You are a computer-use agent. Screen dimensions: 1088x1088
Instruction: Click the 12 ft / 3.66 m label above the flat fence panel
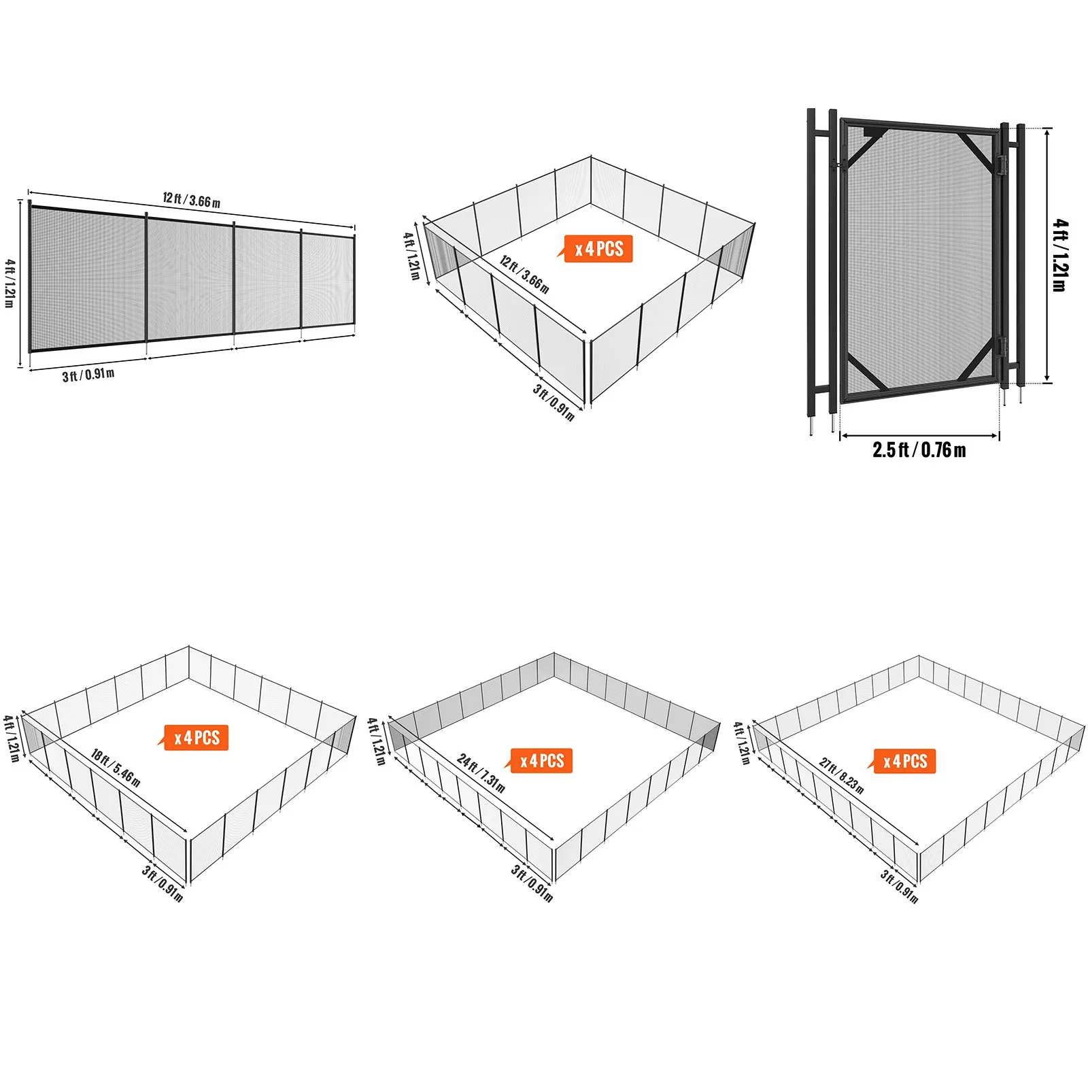click(x=191, y=200)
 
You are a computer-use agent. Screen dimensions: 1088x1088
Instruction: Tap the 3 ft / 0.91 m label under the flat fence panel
click(x=88, y=375)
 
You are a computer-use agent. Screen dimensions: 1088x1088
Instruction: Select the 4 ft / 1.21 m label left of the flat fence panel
click(x=10, y=283)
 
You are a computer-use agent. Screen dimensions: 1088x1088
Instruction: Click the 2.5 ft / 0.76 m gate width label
click(x=919, y=450)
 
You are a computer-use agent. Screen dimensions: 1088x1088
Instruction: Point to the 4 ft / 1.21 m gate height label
click(x=1059, y=255)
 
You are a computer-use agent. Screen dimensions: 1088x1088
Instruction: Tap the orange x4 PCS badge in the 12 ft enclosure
click(x=598, y=249)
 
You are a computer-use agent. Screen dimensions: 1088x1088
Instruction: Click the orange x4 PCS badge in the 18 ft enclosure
click(x=197, y=738)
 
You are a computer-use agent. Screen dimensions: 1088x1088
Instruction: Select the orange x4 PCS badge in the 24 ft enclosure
click(x=542, y=760)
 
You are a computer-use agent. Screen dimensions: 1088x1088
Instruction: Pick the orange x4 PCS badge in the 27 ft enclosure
click(x=905, y=761)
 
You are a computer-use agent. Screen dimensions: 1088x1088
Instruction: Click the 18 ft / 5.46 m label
click(x=116, y=768)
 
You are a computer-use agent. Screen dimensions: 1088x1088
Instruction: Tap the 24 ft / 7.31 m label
click(x=481, y=773)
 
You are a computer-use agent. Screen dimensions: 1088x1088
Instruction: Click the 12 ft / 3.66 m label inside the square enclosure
click(x=524, y=274)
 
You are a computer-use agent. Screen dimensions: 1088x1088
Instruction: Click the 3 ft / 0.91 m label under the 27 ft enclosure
click(x=899, y=886)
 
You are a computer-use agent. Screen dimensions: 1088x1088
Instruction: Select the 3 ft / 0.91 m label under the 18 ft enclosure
click(x=163, y=883)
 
